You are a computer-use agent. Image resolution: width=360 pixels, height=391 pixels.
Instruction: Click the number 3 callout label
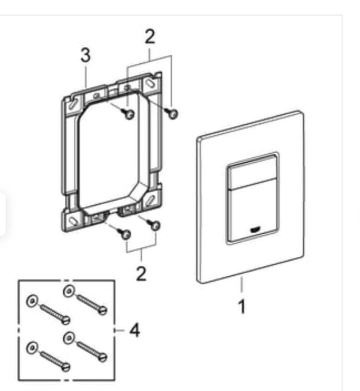tap(86, 55)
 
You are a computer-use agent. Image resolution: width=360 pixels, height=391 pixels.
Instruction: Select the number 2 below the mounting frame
tap(142, 274)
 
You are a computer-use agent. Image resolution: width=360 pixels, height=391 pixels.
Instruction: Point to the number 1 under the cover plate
tap(242, 307)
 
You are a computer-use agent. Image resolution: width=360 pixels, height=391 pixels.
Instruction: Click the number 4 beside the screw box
tap(134, 330)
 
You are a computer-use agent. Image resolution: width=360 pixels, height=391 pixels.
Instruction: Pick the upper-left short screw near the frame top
tap(129, 114)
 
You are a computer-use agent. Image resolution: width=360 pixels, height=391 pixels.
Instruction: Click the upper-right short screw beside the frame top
tap(173, 113)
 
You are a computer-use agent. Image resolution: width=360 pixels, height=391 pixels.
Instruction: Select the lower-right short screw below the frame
tap(155, 225)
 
